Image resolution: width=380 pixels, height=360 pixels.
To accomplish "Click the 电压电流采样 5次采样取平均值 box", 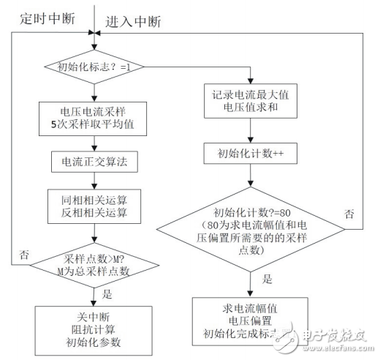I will tap(92, 119).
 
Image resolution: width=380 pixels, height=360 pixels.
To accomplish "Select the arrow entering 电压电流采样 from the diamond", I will tap(92, 94).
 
